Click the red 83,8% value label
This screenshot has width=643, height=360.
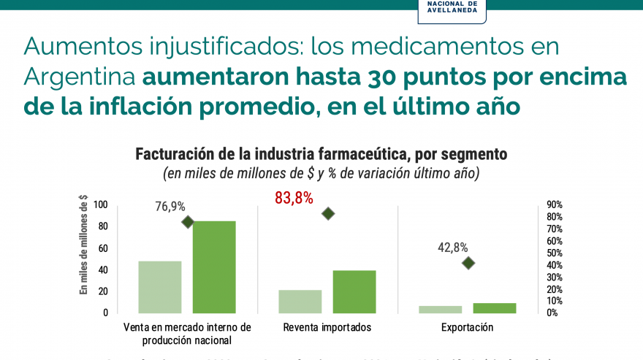point(294,198)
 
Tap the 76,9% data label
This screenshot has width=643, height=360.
point(170,207)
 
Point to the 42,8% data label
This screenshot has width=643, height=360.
point(453,248)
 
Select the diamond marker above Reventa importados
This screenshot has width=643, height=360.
point(328,214)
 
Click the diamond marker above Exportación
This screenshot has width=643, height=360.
point(468,263)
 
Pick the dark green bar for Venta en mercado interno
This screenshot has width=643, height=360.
point(214,267)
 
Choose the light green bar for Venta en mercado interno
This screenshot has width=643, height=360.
point(160,287)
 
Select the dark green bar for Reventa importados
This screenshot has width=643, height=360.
point(354,291)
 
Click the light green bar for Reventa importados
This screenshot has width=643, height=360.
point(300,301)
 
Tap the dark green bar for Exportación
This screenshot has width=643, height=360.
point(495,308)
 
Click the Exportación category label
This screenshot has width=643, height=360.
point(468,328)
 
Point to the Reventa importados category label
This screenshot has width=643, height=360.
point(327,328)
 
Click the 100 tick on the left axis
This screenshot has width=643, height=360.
point(101,205)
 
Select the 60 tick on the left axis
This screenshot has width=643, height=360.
point(103,248)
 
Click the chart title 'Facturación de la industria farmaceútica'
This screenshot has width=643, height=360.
point(321,155)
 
